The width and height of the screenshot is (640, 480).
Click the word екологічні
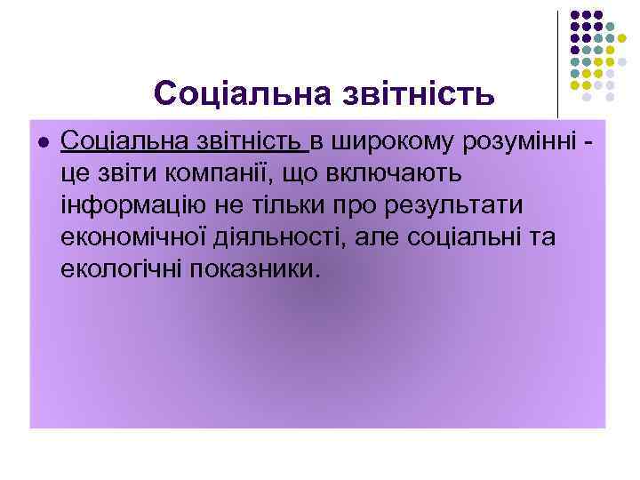pyautogui.click(x=123, y=268)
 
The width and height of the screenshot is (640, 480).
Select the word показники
pyautogui.click(x=252, y=268)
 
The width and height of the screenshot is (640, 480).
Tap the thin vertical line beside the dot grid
pyautogui.click(x=558, y=62)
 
